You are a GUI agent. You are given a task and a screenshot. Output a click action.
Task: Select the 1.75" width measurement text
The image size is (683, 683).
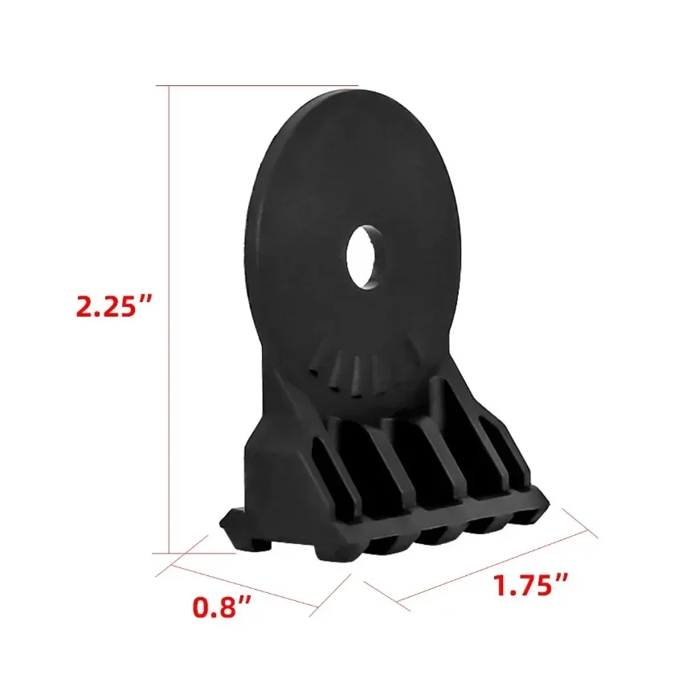click(x=530, y=585)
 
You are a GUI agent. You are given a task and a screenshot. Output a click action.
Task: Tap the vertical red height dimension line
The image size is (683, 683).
click(x=169, y=321)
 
